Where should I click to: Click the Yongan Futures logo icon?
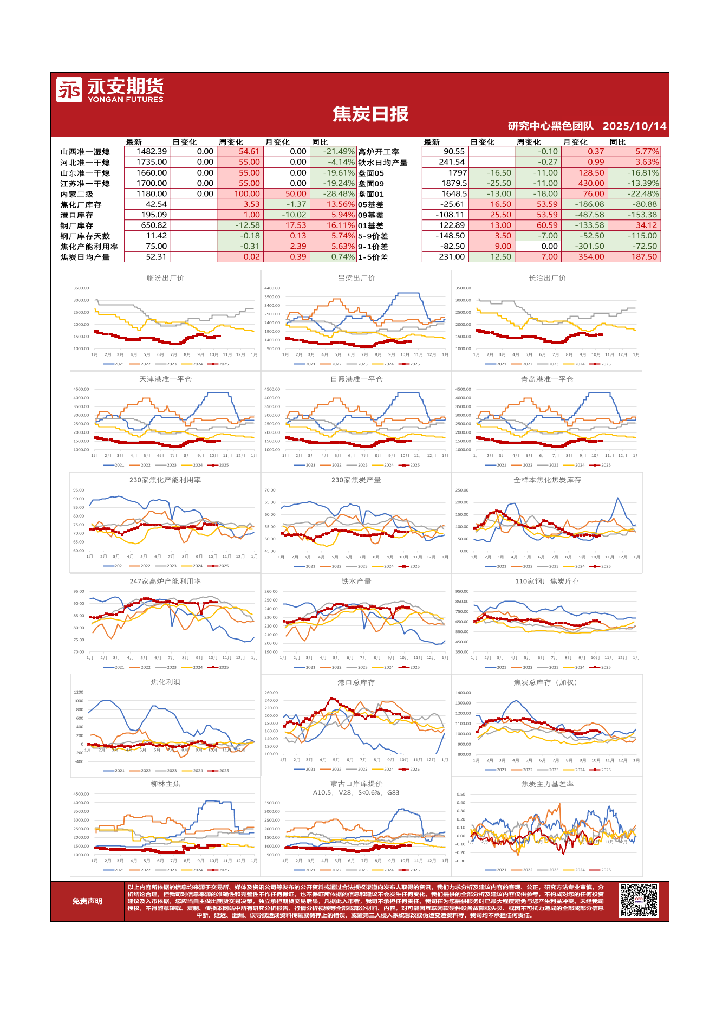tap(69, 89)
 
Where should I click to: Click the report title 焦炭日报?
tap(370, 114)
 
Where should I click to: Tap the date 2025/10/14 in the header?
tap(634, 126)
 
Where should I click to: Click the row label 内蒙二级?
tap(76, 194)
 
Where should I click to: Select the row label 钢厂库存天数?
tap(84, 236)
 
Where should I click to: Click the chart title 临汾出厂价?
tap(165, 278)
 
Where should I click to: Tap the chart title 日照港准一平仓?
tap(356, 379)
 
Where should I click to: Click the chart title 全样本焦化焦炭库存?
tap(547, 480)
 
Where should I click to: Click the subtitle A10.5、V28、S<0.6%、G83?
tap(356, 792)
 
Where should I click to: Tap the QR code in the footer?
tap(639, 901)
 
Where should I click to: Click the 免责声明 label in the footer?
tap(87, 901)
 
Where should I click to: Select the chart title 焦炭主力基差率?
tap(547, 784)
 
